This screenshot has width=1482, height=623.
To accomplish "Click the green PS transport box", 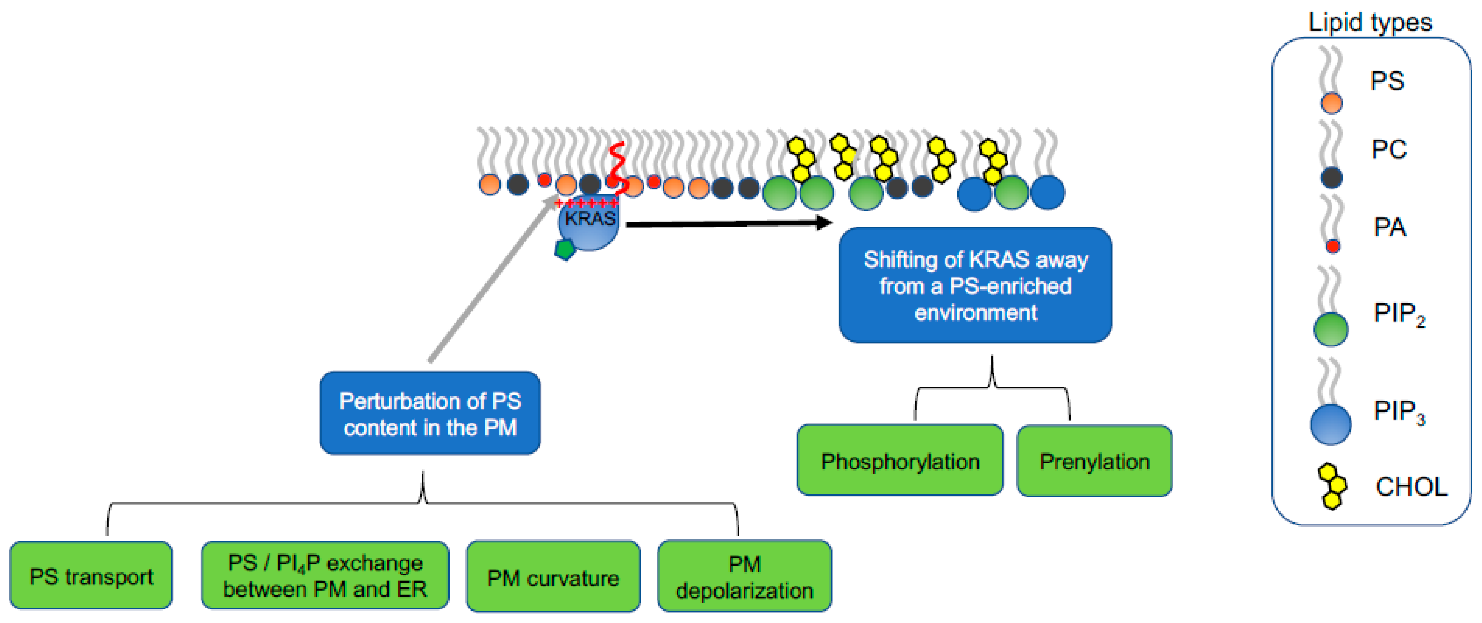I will click(91, 575).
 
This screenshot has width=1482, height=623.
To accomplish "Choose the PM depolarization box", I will click(744, 576).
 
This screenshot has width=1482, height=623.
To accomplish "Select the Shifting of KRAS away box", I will click(975, 285).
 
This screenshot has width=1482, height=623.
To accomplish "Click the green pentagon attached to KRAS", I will click(565, 249).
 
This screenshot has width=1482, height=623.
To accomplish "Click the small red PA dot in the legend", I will click(1332, 246).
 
